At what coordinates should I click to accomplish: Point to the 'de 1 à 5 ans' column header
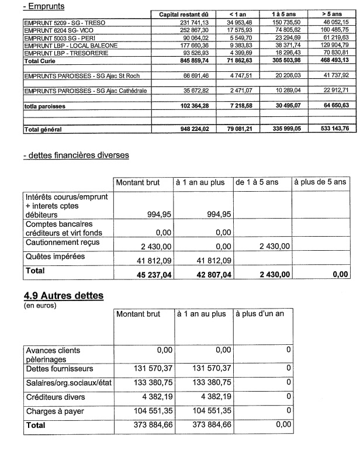[257, 183]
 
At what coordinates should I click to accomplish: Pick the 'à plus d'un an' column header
[260, 314]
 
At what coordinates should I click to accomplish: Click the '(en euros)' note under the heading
[37, 305]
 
